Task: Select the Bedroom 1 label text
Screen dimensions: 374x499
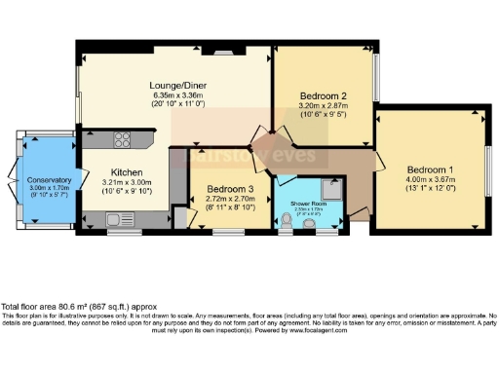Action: click(429, 167)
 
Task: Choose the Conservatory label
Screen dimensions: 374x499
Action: click(50, 180)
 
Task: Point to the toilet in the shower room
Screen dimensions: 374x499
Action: click(286, 225)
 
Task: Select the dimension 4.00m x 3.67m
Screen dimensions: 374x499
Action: click(429, 178)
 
